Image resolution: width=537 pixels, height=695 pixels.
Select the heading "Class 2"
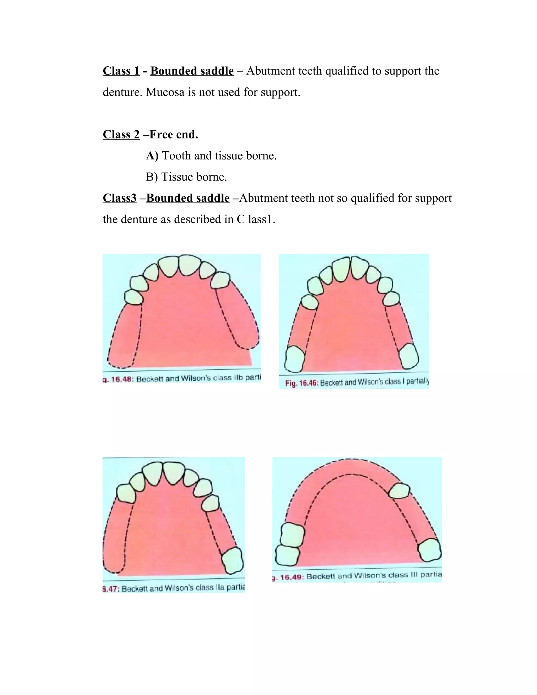pyautogui.click(x=121, y=135)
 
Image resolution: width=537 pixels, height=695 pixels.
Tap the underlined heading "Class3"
pyautogui.click(x=120, y=198)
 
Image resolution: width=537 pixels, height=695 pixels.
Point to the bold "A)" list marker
pyautogui.click(x=152, y=156)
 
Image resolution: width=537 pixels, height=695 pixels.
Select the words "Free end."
pyautogui.click(x=174, y=135)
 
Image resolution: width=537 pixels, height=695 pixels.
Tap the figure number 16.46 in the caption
pyautogui.click(x=307, y=383)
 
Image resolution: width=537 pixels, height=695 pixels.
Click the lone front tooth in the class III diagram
pyautogui.click(x=400, y=490)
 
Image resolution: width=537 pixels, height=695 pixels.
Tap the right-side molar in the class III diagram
pyautogui.click(x=429, y=550)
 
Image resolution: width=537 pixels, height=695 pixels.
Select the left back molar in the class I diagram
pyautogui.click(x=294, y=359)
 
